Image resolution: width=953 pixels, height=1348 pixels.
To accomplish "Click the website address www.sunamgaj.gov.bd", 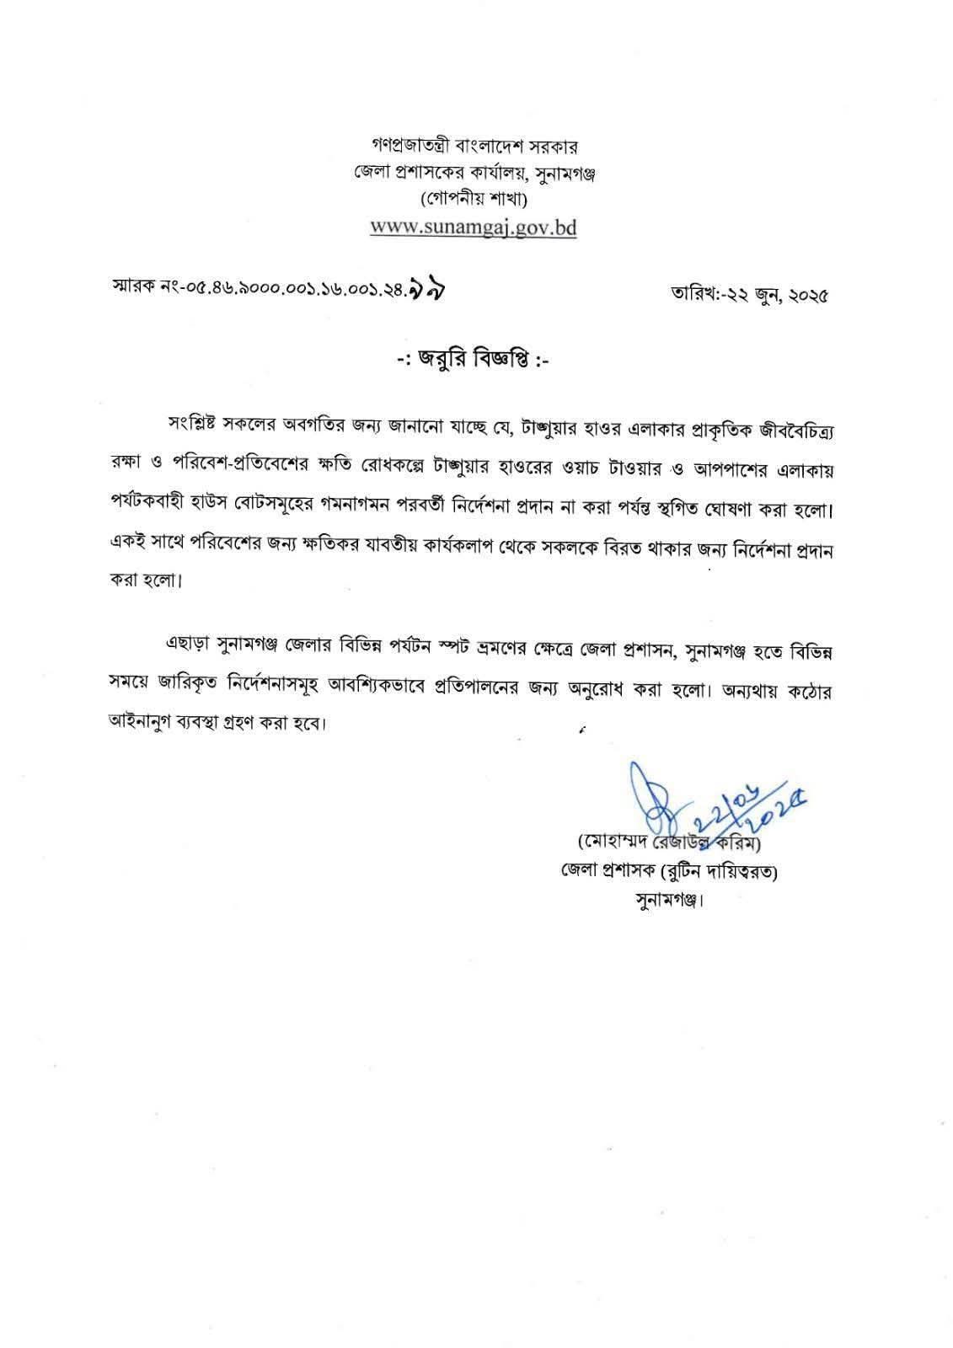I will click(x=474, y=228).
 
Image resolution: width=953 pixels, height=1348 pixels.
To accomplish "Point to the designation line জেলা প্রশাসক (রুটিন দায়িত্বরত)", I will click(x=668, y=871).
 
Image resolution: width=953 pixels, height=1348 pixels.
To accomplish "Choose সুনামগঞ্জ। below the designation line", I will click(x=668, y=899).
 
